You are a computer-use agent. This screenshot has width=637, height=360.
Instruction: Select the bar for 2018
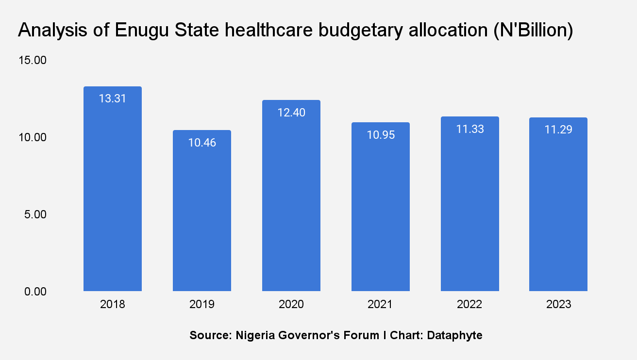pos(113,194)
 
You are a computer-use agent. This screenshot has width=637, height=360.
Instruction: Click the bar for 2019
pos(202,213)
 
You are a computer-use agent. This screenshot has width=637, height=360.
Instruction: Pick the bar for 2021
pos(381,213)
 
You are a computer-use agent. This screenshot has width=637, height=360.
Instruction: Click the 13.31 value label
pos(113,99)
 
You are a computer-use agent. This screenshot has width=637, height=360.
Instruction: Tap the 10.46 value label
pos(202,143)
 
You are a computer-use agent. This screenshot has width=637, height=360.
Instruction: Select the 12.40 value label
pos(291,113)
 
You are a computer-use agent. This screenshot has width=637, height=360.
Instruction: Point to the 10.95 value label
pos(381,135)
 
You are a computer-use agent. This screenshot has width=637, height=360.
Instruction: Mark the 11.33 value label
pos(470,129)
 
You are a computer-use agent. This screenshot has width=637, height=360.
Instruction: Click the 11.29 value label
pos(558,130)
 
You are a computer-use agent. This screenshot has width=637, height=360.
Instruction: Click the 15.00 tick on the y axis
pos(32,61)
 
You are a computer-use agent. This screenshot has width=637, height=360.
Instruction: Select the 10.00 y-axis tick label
pos(32,137)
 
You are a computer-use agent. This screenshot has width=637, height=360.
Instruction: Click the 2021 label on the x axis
pos(381,305)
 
